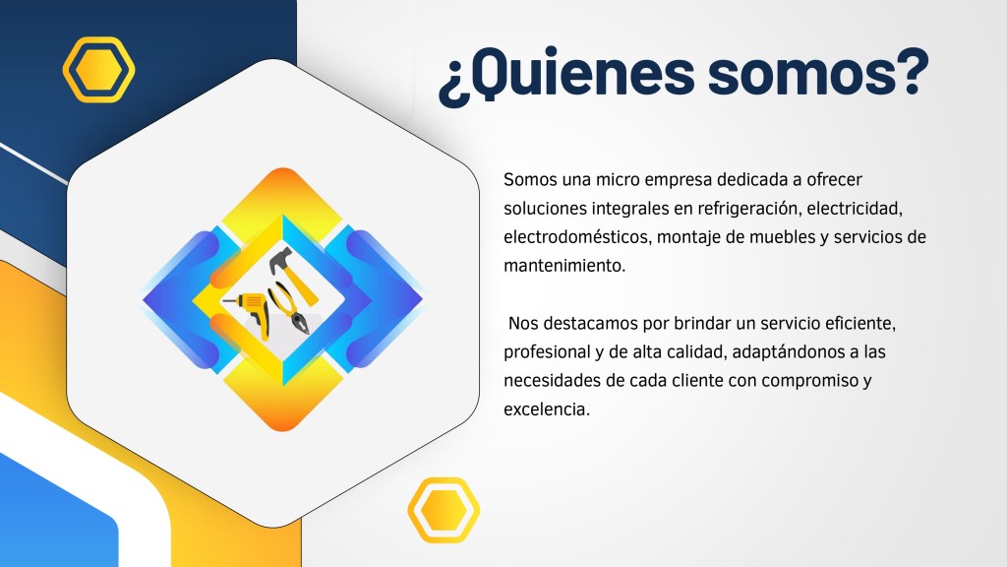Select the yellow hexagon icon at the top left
point(99,70)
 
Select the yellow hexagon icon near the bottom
point(444,510)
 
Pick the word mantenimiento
point(563,266)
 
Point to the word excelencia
point(546,409)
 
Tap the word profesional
point(547,351)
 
